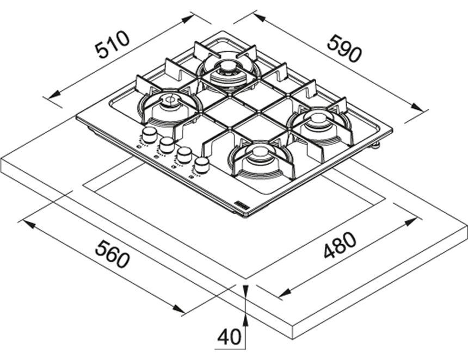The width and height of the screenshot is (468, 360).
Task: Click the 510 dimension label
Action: coord(112,45)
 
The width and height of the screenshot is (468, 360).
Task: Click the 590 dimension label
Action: coord(344,49)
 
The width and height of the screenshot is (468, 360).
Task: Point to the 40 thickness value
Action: coord(229,337)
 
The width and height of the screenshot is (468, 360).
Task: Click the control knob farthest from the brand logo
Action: coord(149,134)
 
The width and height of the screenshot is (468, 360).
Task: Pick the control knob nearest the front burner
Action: coord(201,165)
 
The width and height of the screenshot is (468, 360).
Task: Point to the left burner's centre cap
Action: coord(171,100)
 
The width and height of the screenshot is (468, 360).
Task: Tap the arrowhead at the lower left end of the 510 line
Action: coord(54,95)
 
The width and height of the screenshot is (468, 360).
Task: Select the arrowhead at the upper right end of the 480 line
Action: coord(410,222)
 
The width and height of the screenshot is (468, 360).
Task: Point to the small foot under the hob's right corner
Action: coord(375,146)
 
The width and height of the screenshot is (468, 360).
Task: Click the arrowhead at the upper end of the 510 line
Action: coord(187,20)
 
